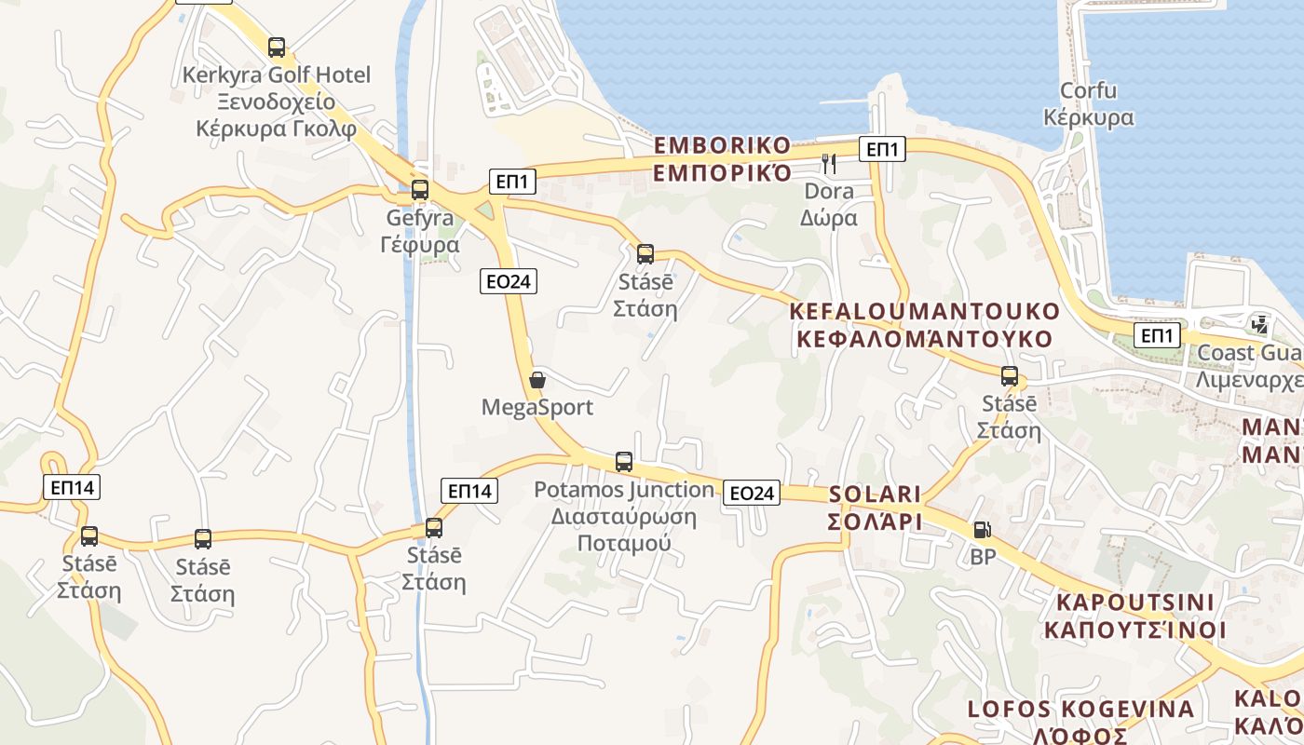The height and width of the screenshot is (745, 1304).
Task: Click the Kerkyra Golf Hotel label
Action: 277,102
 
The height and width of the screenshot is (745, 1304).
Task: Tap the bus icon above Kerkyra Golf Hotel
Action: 277,47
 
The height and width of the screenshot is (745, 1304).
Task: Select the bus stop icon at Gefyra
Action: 420,190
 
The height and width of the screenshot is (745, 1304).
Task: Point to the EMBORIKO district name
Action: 722,159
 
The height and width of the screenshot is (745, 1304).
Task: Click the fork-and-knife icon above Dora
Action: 829,164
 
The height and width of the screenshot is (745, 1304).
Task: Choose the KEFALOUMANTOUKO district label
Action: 924,325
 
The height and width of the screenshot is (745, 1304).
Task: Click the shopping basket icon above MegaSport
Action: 537,380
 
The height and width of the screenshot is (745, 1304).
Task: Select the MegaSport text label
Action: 537,407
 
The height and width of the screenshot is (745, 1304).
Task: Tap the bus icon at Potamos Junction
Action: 624,461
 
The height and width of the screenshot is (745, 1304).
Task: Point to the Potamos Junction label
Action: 624,516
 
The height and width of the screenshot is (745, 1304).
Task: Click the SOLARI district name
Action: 875,508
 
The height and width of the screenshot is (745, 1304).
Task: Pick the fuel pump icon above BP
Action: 982,530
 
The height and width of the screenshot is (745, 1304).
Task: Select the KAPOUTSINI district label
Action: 1134,616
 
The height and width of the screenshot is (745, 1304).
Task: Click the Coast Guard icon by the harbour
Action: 1260,324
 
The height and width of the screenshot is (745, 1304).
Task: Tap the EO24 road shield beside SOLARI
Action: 751,493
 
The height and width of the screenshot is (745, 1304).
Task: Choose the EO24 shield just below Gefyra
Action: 509,280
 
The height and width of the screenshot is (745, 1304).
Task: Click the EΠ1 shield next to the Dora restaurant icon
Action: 882,148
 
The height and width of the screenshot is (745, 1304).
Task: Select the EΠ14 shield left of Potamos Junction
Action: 471,490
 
